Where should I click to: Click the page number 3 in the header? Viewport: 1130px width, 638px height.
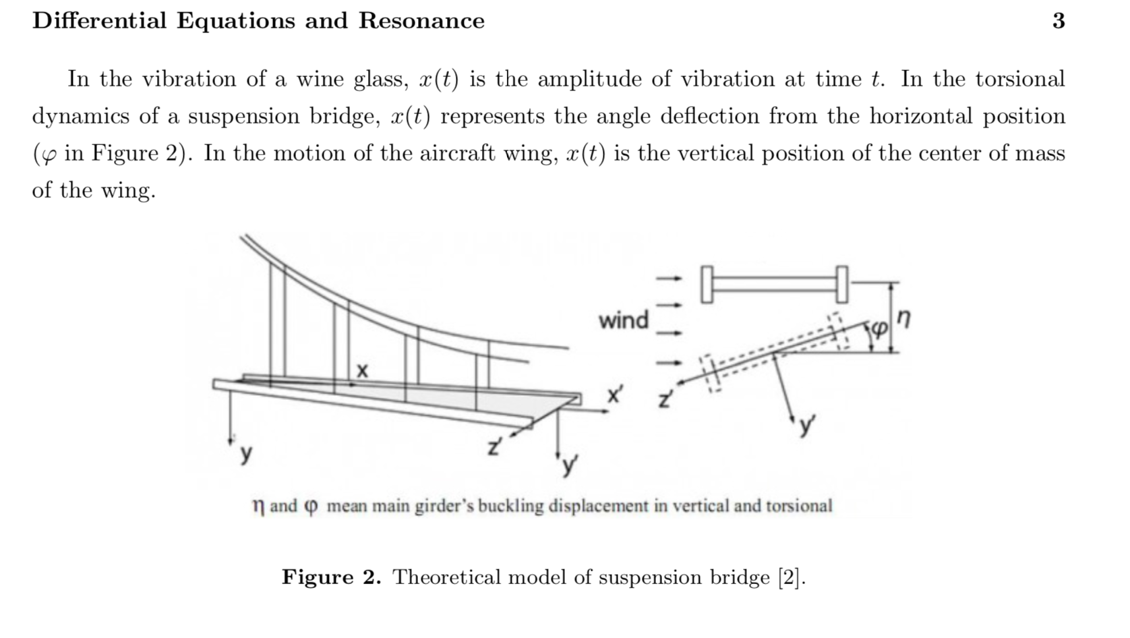click(1059, 21)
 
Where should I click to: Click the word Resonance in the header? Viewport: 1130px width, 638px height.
click(421, 21)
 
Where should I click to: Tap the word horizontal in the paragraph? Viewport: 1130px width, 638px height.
click(920, 117)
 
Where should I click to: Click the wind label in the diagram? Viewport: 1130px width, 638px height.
click(623, 320)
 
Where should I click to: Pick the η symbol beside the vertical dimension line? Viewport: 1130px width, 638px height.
click(905, 318)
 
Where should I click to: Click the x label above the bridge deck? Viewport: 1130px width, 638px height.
click(363, 370)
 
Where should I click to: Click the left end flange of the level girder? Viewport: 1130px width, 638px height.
click(706, 284)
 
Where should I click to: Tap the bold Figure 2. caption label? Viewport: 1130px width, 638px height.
click(331, 577)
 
